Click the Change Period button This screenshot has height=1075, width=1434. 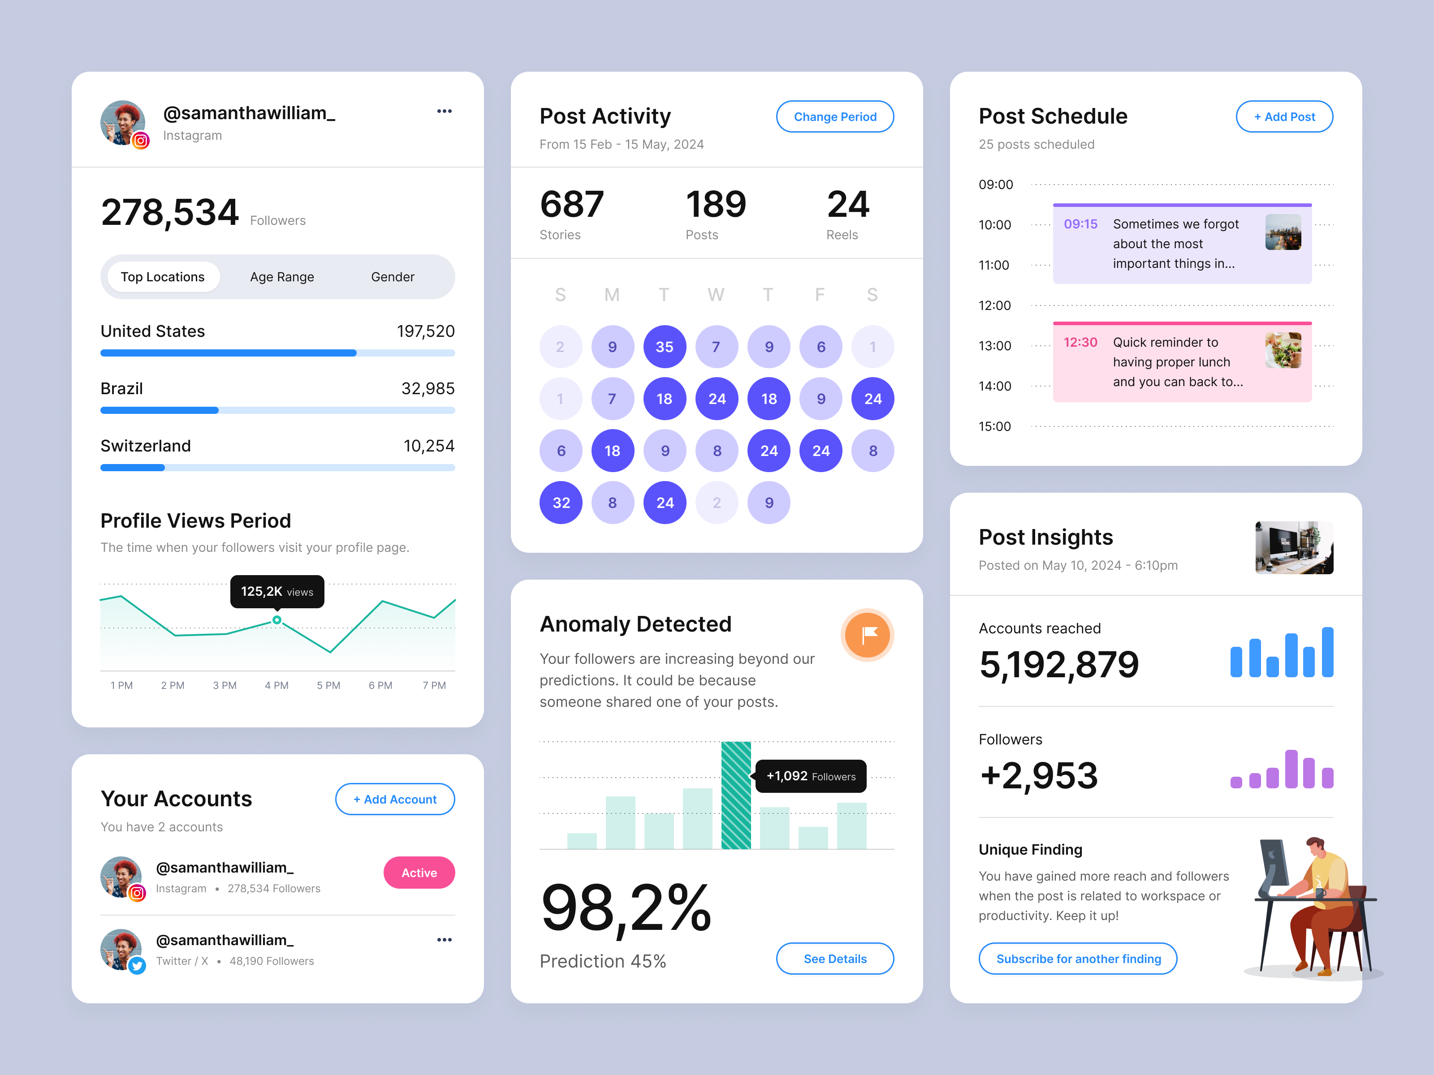pos(834,116)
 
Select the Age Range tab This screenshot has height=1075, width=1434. pos(282,277)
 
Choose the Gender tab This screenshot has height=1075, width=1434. pos(392,277)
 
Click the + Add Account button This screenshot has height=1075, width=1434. pos(395,799)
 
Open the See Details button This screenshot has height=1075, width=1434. pos(834,959)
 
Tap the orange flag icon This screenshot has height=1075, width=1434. pos(868,635)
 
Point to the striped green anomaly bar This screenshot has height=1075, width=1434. pos(736,795)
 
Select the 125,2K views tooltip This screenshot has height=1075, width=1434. pos(277,591)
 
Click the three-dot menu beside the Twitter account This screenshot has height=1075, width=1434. pos(444,940)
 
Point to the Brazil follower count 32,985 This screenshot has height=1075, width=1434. pos(428,389)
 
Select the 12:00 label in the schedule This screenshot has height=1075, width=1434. pos(994,305)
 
